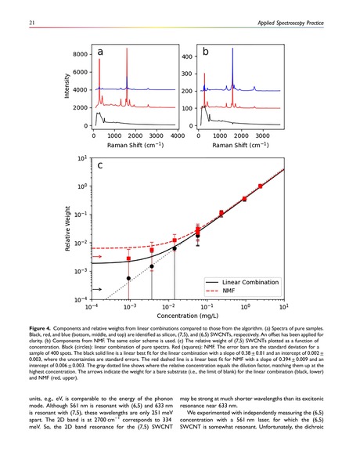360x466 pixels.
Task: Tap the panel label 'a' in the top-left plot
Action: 102,52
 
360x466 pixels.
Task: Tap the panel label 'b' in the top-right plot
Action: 206,52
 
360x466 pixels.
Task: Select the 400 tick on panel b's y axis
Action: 187,58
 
